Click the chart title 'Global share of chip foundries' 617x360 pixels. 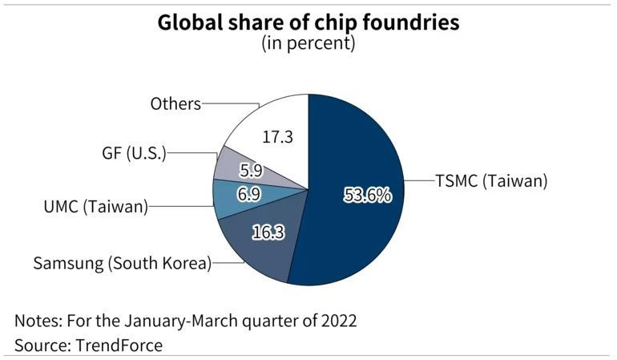click(308, 22)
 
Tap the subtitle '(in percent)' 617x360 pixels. click(308, 43)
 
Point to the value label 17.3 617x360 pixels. click(277, 137)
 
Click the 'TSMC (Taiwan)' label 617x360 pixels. click(491, 181)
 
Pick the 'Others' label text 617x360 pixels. click(175, 103)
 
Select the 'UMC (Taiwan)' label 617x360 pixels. click(96, 207)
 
